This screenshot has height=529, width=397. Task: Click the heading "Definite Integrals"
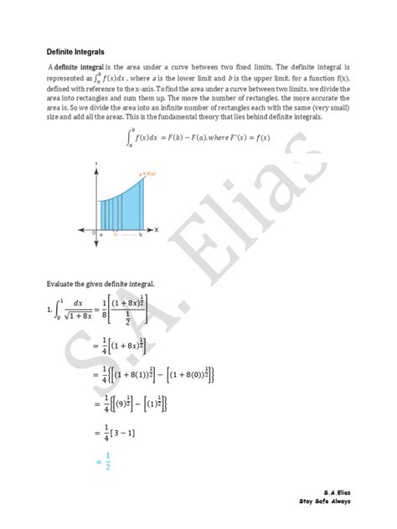click(x=75, y=52)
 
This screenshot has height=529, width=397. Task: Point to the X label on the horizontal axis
click(x=157, y=229)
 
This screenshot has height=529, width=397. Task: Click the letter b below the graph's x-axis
click(x=141, y=235)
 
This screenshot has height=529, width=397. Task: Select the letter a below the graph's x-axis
click(x=101, y=235)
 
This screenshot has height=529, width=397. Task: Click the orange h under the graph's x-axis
click(x=115, y=235)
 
